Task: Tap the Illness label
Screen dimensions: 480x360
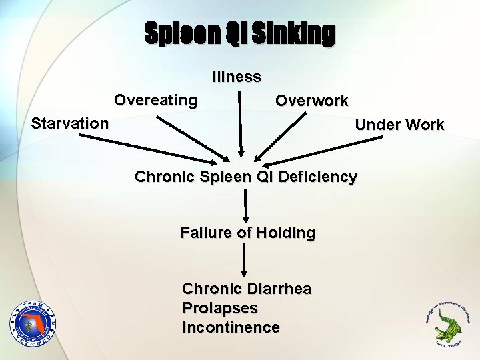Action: click(x=237, y=77)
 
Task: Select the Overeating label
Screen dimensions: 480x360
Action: click(x=156, y=101)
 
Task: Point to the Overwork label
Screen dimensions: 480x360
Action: click(x=312, y=101)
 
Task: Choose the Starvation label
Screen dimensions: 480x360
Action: click(x=70, y=123)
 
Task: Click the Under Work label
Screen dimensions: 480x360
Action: click(x=399, y=125)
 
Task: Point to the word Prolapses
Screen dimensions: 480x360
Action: click(x=219, y=309)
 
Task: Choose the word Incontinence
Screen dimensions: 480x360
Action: click(x=231, y=328)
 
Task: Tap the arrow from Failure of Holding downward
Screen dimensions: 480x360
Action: click(x=245, y=260)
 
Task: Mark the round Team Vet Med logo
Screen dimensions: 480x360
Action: click(x=33, y=323)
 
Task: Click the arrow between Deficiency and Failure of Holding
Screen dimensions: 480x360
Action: click(x=246, y=204)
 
